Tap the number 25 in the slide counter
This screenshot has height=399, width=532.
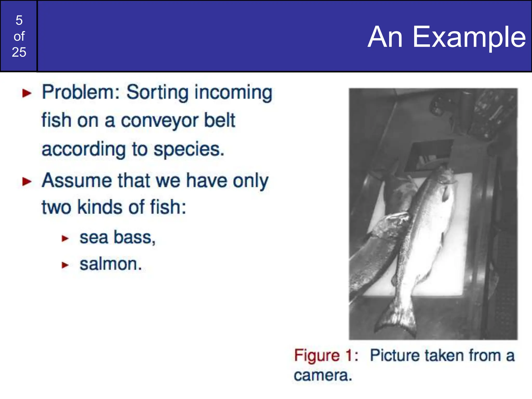pos(19,52)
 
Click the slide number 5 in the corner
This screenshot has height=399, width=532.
pos(19,20)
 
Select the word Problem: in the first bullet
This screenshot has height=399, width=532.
pos(81,92)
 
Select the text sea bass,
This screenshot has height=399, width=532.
pos(117,237)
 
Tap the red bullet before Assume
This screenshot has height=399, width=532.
pos(27,182)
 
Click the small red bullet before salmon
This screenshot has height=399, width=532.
pos(65,265)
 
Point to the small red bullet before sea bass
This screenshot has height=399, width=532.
pos(65,238)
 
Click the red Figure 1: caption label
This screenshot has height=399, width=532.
pos(326,355)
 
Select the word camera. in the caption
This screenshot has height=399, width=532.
pos(323,375)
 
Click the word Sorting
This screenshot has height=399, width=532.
pos(157,92)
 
